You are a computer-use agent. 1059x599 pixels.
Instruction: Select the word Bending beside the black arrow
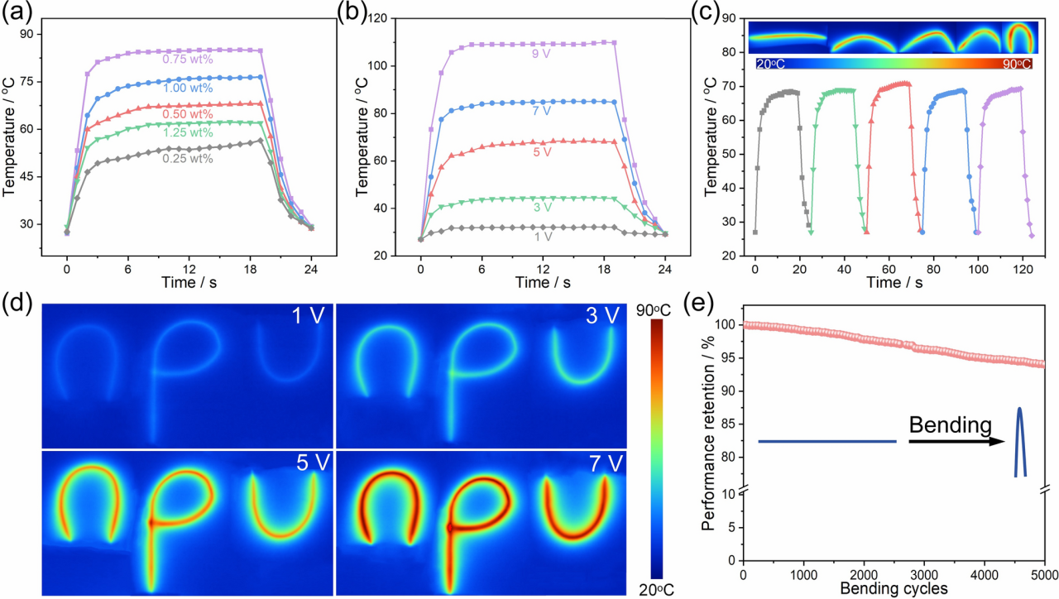pos(950,425)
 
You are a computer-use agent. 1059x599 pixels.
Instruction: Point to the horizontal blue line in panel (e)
pos(827,442)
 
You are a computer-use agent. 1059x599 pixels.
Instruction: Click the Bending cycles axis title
pos(894,589)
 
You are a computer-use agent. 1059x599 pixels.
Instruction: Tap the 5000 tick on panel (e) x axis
pos(1044,574)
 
